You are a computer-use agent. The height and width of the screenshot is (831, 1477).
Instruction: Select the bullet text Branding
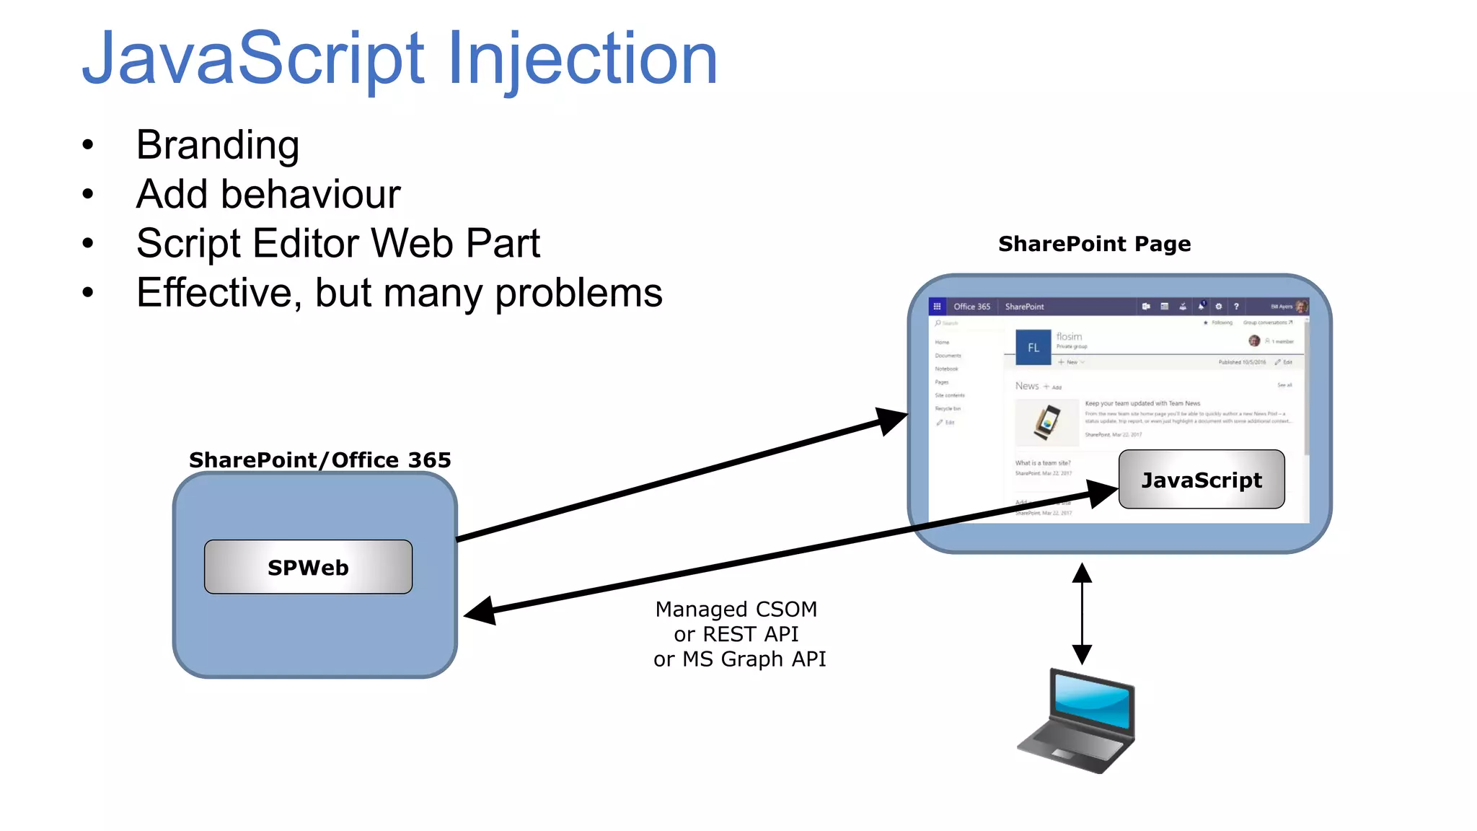coord(217,145)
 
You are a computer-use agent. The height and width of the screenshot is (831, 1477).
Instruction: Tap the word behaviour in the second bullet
coord(310,194)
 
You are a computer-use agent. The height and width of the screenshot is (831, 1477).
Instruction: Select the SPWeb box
coord(308,567)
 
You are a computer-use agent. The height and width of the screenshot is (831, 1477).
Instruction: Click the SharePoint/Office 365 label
coord(319,460)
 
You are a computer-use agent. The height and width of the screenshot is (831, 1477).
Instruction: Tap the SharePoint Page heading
coord(1094,244)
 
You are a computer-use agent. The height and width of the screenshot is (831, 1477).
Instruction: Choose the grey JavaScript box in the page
coord(1202,480)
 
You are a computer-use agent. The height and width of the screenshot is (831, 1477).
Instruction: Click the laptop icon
coord(1077,721)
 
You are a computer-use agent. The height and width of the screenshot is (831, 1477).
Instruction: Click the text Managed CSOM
coord(736,610)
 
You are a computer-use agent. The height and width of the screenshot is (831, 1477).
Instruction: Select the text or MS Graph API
coord(739,659)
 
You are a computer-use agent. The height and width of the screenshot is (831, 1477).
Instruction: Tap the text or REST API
coord(736,634)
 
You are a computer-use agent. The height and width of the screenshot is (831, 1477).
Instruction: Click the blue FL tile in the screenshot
coord(1033,347)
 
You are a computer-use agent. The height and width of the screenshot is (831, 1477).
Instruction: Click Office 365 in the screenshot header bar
coord(971,307)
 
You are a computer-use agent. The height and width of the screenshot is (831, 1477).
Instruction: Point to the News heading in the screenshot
coord(1027,386)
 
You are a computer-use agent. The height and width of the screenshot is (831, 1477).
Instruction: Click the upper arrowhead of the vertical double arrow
coord(1082,573)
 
